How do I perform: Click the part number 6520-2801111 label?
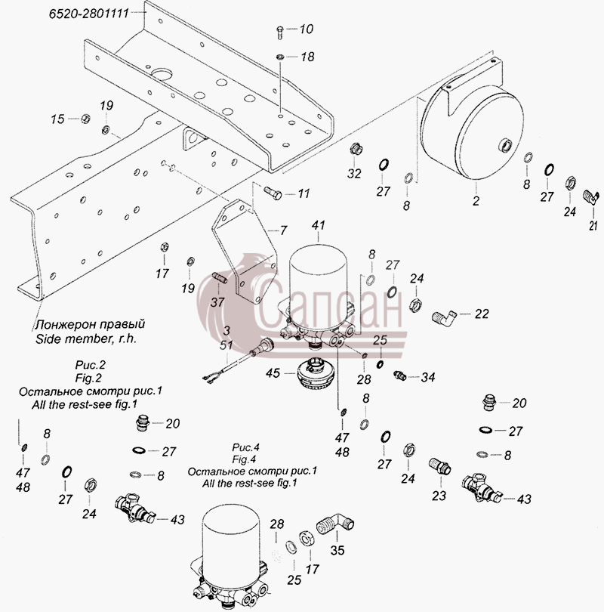tap(89, 14)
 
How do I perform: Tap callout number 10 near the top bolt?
tap(307, 29)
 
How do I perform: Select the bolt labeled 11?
tap(273, 193)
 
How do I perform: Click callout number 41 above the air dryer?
tap(318, 225)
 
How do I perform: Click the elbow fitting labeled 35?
tap(335, 524)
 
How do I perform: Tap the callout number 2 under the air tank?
tap(476, 201)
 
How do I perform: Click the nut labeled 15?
tap(85, 119)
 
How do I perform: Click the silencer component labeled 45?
tap(314, 373)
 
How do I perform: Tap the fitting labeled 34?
tap(399, 376)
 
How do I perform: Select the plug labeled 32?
tap(355, 149)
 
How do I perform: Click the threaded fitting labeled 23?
tap(440, 466)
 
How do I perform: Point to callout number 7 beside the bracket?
tap(283, 230)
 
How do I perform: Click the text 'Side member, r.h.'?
tap(86, 338)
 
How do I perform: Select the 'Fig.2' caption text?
tap(88, 378)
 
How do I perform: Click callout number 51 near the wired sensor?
tap(226, 345)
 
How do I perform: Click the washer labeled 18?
tap(280, 57)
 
